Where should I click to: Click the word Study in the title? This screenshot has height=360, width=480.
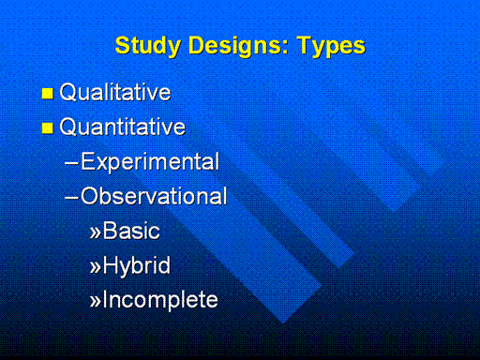click(x=148, y=46)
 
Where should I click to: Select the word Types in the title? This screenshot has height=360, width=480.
click(x=331, y=47)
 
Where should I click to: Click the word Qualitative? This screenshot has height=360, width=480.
click(x=115, y=92)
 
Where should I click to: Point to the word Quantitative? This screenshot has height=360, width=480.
click(x=123, y=127)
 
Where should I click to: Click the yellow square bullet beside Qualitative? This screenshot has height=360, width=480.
click(x=48, y=94)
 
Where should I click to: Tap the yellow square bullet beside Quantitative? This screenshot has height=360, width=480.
click(x=48, y=127)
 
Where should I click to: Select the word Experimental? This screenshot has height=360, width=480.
click(x=150, y=162)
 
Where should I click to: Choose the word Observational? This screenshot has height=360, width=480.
click(x=154, y=196)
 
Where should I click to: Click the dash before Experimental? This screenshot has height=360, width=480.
click(x=71, y=163)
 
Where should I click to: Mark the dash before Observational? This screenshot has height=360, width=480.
click(x=71, y=197)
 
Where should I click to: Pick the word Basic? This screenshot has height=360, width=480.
click(x=131, y=231)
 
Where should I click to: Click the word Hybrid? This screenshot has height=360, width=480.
click(x=137, y=266)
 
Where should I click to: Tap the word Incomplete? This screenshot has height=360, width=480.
click(x=160, y=300)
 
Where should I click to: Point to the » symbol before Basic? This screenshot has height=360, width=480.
click(x=96, y=232)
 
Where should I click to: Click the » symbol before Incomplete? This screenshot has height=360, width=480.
click(x=96, y=301)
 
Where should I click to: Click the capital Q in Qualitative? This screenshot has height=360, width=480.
click(x=68, y=93)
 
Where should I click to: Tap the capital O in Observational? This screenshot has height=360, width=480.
click(x=90, y=196)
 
